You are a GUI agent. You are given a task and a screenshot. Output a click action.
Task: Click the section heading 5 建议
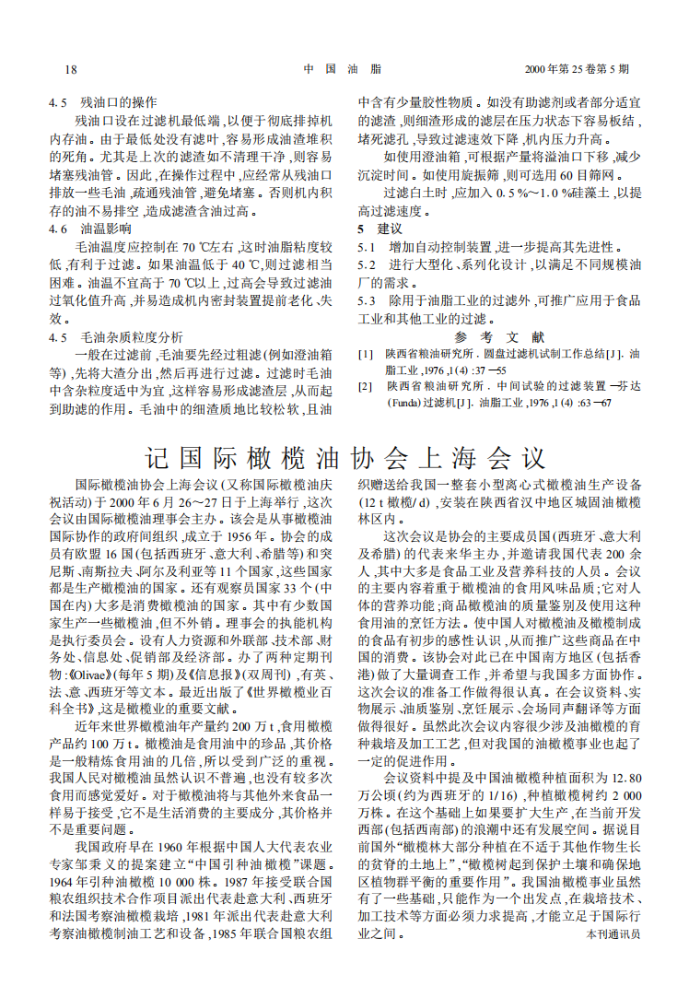tap(380, 228)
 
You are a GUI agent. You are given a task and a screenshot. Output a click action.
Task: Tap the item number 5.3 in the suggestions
tap(368, 299)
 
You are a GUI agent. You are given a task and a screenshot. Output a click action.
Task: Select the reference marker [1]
tap(366, 354)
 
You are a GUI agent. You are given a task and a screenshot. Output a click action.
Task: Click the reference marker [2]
tap(366, 387)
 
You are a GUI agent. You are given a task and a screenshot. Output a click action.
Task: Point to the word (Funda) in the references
tap(377, 403)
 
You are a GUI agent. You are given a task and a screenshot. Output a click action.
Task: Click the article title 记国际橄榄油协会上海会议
tap(344, 457)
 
